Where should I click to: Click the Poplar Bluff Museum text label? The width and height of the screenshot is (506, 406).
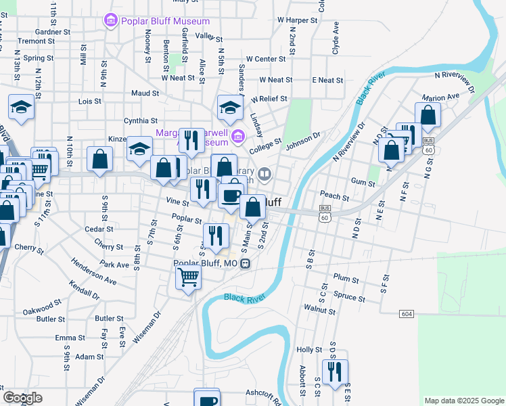165,21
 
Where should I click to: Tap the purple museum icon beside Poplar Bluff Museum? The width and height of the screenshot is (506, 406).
110,21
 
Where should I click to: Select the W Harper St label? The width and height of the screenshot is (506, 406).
297,21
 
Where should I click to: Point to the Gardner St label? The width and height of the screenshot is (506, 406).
53,31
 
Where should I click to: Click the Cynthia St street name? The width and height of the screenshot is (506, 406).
141,120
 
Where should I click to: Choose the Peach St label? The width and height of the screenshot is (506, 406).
335,198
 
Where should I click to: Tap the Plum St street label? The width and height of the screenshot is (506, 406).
346,278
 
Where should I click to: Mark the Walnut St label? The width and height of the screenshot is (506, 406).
320,311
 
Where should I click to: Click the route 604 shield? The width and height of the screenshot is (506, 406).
406,314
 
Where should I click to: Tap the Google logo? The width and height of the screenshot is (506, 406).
22,398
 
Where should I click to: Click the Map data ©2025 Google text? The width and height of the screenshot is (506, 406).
463,401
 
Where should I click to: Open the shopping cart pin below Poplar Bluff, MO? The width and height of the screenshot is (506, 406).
188,276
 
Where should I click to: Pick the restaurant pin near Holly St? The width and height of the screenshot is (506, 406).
335,371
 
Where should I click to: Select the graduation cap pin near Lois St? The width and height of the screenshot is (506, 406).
21,107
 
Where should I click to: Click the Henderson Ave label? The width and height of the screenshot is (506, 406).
94,273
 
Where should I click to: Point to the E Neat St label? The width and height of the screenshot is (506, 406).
327,80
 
